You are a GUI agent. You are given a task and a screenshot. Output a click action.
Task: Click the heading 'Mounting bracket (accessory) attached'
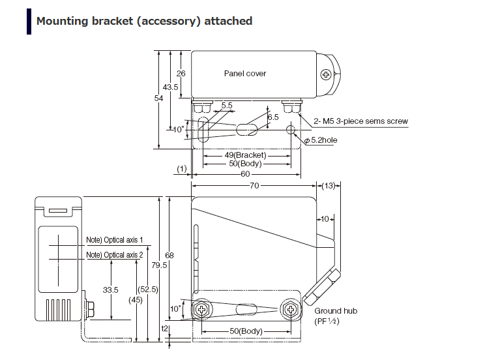click(x=144, y=21)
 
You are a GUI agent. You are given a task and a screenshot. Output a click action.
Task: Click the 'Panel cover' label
click(x=245, y=74)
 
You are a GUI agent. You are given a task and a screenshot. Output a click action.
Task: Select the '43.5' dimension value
click(x=171, y=87)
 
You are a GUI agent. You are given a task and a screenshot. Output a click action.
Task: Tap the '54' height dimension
click(x=158, y=98)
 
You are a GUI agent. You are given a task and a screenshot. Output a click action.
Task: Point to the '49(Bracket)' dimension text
click(x=246, y=155)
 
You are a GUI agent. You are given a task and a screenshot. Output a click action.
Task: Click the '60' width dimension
click(x=244, y=173)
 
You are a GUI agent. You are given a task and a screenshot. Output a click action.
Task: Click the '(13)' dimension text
click(x=329, y=186)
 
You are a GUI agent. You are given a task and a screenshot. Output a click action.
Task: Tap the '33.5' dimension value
click(x=110, y=290)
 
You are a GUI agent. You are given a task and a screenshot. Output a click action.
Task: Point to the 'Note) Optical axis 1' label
click(x=115, y=240)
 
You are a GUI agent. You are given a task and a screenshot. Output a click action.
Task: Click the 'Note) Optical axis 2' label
click(x=115, y=254)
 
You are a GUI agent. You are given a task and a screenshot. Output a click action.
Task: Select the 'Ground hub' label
click(x=336, y=311)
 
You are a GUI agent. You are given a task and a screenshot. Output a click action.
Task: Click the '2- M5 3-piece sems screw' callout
click(x=360, y=121)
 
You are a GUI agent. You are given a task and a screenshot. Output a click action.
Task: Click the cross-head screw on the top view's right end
click(x=326, y=76)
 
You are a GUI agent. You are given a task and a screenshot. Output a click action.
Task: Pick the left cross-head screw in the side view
click(x=203, y=309)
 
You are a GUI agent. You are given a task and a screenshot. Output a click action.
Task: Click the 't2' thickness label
click(x=164, y=329)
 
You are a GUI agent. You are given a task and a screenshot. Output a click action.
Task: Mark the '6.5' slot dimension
click(x=272, y=117)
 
